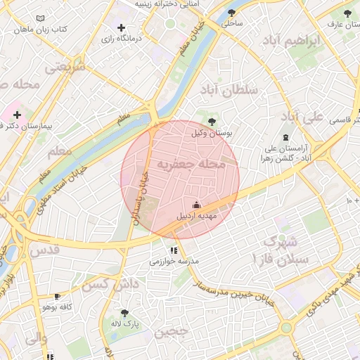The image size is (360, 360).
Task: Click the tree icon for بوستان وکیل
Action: pyautogui.click(x=212, y=122)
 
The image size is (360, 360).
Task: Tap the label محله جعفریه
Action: pyautogui.click(x=191, y=165)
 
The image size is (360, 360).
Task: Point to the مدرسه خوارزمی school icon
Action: pyautogui.click(x=173, y=250)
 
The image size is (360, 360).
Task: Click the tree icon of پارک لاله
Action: pyautogui.click(x=125, y=313)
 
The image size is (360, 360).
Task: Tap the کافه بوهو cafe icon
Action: pyautogui.click(x=57, y=297)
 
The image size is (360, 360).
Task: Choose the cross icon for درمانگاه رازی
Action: pyautogui.click(x=121, y=27)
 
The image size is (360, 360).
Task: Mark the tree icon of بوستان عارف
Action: pyautogui.click(x=346, y=13)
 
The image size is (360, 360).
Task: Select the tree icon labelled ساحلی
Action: pyautogui.click(x=232, y=12)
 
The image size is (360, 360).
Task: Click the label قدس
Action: pyautogui.click(x=43, y=250)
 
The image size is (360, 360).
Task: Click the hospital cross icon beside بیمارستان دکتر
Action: pyautogui.click(x=18, y=114)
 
